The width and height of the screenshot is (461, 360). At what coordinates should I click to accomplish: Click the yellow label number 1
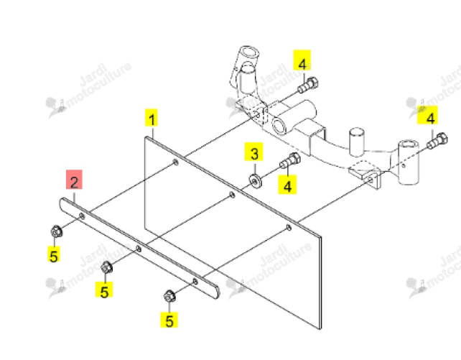tap(152, 118)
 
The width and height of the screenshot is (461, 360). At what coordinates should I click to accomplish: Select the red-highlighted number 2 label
tap(74, 180)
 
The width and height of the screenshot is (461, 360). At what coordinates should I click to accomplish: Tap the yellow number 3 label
tap(253, 152)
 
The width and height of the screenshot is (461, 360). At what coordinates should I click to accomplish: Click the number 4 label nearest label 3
tap(287, 185)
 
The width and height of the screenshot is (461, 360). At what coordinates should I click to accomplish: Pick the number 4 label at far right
tap(427, 115)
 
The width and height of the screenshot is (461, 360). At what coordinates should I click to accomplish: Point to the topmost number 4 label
tap(302, 60)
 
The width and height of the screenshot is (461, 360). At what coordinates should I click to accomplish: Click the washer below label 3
tap(255, 180)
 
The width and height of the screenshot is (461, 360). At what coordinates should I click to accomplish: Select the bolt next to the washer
tap(290, 160)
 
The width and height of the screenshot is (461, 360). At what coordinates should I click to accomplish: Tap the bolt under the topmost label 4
tap(308, 85)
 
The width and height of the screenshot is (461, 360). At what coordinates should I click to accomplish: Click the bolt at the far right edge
tap(437, 141)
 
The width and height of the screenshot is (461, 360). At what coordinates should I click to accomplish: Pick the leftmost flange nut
tap(56, 232)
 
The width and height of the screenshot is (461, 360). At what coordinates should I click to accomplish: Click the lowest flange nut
tap(169, 296)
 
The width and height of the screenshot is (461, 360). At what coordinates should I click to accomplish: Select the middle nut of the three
tap(106, 267)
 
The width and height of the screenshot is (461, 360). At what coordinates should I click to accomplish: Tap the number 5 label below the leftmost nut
tap(54, 254)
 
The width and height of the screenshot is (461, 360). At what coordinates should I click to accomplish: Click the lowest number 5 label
tap(169, 319)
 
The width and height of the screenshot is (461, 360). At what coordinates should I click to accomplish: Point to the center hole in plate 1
tap(232, 195)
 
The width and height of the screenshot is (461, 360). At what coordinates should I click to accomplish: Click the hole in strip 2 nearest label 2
tap(82, 217)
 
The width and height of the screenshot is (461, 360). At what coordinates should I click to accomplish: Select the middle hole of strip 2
tap(138, 249)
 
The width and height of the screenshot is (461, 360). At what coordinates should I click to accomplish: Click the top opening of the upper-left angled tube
tap(249, 52)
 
